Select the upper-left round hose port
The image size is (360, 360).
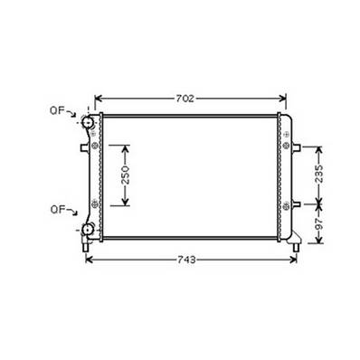coord(89,122)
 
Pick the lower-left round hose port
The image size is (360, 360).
coord(89,228)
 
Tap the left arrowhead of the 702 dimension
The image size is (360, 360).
coord(98,97)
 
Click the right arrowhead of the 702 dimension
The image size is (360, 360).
coord(282,97)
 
